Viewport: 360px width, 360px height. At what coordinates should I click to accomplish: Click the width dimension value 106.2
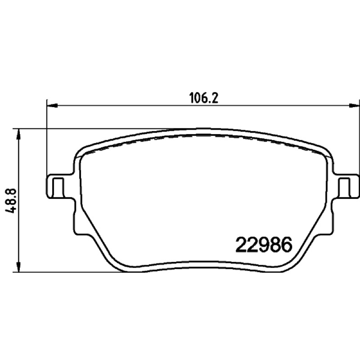click(x=203, y=99)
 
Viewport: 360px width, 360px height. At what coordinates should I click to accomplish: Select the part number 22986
click(x=264, y=245)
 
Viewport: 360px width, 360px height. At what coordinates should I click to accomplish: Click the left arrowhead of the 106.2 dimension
click(x=52, y=106)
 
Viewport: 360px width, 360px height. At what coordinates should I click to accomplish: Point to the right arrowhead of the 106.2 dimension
click(x=354, y=106)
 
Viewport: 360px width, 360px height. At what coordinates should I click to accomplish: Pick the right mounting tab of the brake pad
click(x=346, y=184)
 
